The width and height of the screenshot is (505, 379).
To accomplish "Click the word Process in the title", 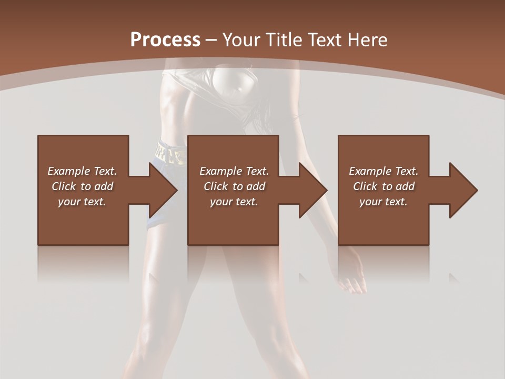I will pyautogui.click(x=165, y=40).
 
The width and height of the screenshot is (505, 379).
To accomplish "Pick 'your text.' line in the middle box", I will pyautogui.click(x=234, y=202).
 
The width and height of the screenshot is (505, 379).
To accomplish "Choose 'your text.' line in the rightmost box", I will pyautogui.click(x=383, y=202).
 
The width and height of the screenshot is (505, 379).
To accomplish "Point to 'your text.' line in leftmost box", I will pyautogui.click(x=82, y=202).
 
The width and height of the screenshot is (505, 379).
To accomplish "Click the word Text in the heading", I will pyautogui.click(x=326, y=40).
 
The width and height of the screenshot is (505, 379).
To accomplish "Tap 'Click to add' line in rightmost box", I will pyautogui.click(x=384, y=186).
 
